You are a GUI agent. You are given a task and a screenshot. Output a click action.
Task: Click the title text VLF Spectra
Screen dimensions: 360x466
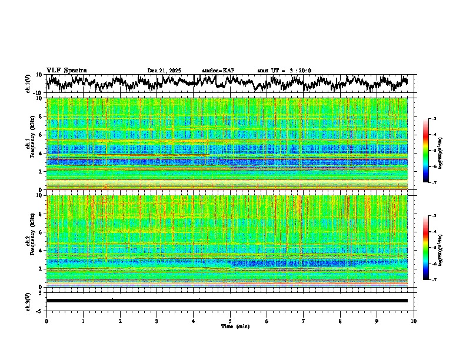66,71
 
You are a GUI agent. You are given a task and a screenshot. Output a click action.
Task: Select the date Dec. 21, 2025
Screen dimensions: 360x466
164,71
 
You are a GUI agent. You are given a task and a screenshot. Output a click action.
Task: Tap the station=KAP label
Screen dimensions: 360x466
218,71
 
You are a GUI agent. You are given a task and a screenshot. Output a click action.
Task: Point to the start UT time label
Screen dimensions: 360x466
284,71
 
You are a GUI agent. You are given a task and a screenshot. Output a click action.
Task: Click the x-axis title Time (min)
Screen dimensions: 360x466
235,326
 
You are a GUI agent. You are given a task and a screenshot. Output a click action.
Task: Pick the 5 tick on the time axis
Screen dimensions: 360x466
230,321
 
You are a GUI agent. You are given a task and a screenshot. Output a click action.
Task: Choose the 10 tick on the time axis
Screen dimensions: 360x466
414,321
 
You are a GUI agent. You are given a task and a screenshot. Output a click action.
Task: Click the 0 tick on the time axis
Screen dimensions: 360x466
46,321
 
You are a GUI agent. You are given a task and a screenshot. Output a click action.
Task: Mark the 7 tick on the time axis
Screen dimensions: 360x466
304,321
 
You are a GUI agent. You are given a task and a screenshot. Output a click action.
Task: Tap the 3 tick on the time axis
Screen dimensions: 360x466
157,321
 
